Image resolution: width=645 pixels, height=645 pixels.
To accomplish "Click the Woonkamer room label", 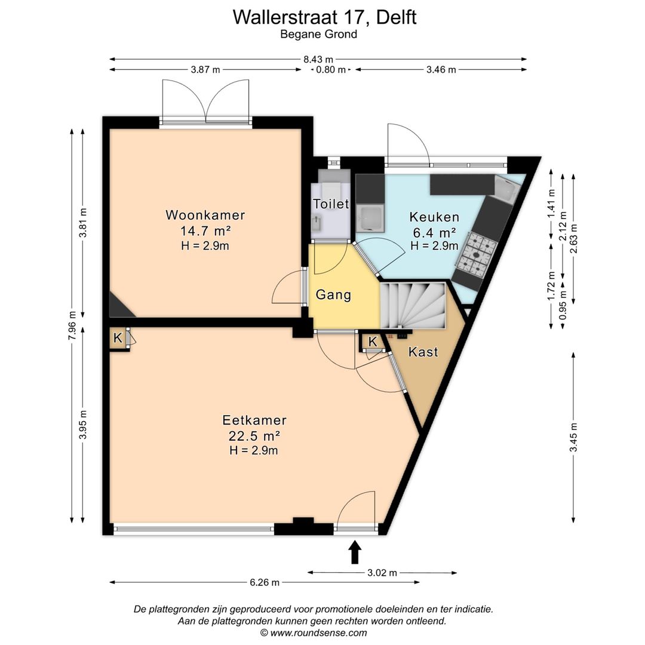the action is [x=205, y=215].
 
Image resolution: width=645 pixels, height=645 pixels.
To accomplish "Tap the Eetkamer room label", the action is [x=254, y=420].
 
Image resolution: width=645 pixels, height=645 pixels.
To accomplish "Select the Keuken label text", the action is [x=434, y=217].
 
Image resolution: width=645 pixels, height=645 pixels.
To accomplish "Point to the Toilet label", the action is [x=331, y=204].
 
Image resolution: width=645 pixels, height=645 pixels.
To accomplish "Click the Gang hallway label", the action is [x=334, y=295].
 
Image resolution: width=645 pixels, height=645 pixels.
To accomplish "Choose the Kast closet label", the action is [x=423, y=352].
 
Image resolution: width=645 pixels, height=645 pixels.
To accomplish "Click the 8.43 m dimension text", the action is [x=318, y=60].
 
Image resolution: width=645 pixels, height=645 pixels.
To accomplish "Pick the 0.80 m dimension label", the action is [x=330, y=70].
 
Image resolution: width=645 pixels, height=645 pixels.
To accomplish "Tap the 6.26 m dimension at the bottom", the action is [x=265, y=582].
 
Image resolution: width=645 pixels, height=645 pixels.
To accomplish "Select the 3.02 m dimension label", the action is [x=382, y=573].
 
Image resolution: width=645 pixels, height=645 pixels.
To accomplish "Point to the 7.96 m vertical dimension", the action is [x=72, y=325].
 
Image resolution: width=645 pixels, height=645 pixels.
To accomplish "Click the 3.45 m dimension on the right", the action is [x=573, y=437].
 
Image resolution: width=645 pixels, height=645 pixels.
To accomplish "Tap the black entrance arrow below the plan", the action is [x=355, y=552].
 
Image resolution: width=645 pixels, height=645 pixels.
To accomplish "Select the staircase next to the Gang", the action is [x=413, y=305].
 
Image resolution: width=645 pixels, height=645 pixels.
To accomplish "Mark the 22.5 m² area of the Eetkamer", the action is [x=254, y=435].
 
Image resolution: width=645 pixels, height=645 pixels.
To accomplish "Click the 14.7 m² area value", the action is [x=205, y=231].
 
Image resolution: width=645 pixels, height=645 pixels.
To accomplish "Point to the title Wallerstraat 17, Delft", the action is [x=324, y=17].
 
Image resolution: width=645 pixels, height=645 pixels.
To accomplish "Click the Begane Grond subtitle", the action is [x=318, y=34].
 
